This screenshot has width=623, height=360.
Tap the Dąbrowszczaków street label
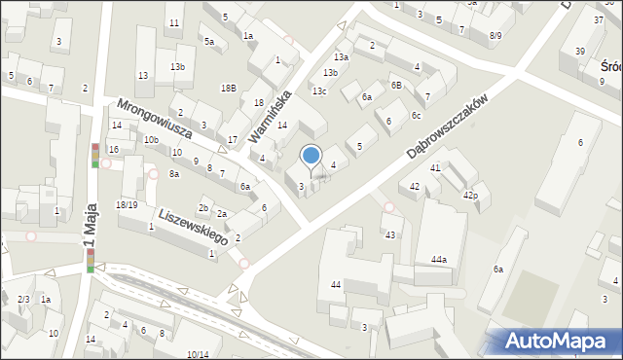pos(459,121)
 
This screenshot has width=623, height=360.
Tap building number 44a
pos(439,260)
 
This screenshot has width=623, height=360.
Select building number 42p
pos(470,196)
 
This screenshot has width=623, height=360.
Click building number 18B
pos(228,88)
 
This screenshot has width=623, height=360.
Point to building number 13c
pos(319,91)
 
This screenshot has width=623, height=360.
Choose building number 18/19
pos(127,204)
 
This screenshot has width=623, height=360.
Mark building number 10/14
pos(198,354)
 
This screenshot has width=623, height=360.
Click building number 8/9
pos(495,35)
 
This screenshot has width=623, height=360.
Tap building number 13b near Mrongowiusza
pos(177,66)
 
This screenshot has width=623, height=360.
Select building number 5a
pos(208,41)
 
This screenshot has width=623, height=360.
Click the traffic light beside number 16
pos(95,156)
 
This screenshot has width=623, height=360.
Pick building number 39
pos(580,51)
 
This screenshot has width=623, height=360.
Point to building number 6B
pos(396,85)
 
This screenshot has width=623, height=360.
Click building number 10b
pos(151,140)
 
